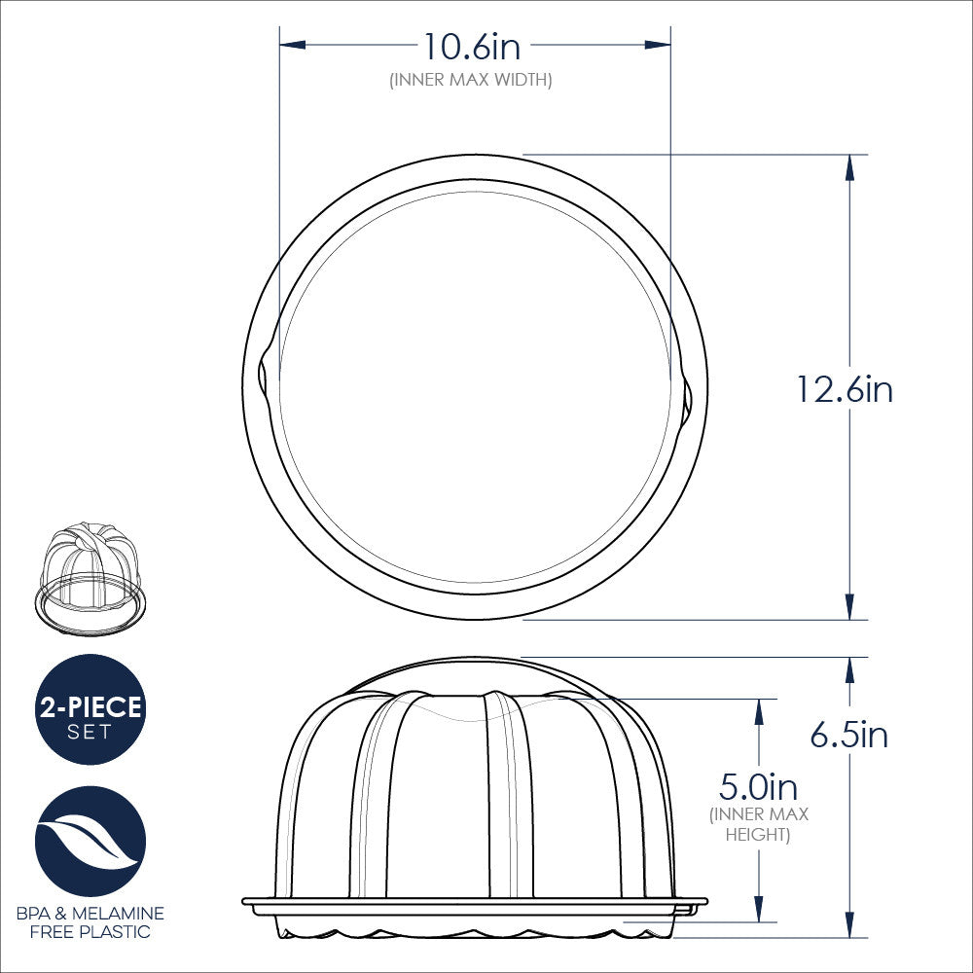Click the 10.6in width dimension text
[471, 46]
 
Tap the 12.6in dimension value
[844, 390]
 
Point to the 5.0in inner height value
[758, 785]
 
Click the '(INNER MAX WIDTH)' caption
[471, 80]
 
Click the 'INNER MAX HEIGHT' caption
[758, 824]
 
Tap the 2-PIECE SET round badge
[90, 709]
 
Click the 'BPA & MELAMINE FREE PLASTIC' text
[90, 922]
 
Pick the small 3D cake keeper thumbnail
[90, 580]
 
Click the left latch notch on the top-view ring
[264, 376]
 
